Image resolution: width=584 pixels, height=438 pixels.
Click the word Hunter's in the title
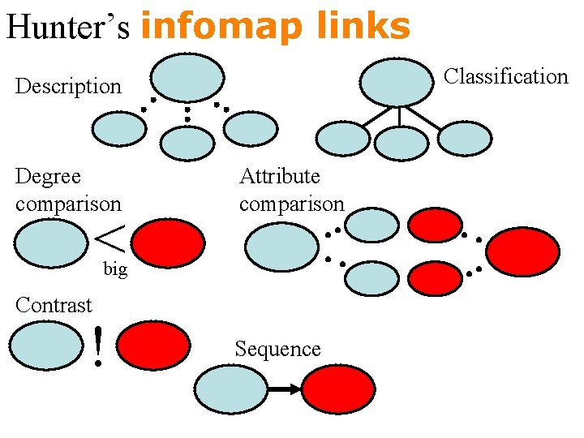tap(68, 26)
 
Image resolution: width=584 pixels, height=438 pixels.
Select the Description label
tap(68, 86)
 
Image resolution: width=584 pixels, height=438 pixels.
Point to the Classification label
tap(506, 76)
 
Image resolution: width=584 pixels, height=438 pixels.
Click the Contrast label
tap(54, 305)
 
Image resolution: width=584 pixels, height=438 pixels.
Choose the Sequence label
tap(277, 349)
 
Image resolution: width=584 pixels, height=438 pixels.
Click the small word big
tap(115, 269)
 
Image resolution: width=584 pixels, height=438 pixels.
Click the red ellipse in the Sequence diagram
tap(339, 389)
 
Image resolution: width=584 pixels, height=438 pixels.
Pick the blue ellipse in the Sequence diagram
tap(233, 389)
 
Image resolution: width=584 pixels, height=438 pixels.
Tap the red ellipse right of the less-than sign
tap(168, 243)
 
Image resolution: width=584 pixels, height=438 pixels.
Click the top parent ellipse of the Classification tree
tap(397, 82)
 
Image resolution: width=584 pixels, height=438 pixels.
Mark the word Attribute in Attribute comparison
tap(280, 176)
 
